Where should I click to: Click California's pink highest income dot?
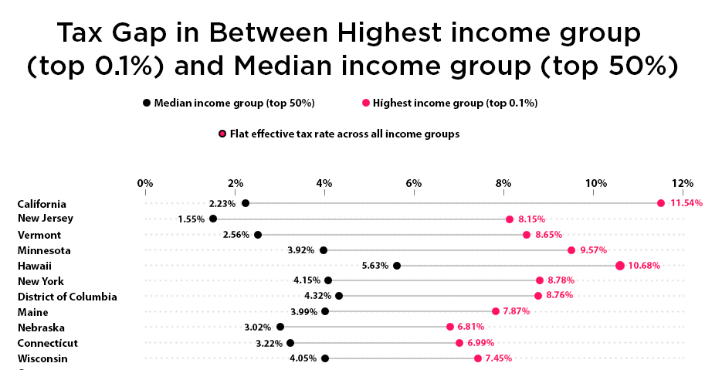(x=661, y=203)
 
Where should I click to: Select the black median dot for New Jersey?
(x=213, y=219)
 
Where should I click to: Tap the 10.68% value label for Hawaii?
(x=645, y=266)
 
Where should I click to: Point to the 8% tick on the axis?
(x=504, y=183)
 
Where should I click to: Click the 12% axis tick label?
(x=682, y=183)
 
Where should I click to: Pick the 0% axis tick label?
(x=144, y=183)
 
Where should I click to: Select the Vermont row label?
(x=39, y=235)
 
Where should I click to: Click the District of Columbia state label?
(x=67, y=297)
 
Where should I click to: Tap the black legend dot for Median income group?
(x=146, y=103)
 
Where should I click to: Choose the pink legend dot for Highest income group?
(x=365, y=103)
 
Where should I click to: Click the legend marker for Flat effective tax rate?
(x=222, y=134)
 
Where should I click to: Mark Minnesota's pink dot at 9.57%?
(x=571, y=249)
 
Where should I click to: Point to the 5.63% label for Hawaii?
(x=375, y=266)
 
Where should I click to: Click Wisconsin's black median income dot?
(x=325, y=358)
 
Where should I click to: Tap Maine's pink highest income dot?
(x=496, y=311)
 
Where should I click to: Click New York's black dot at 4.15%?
(x=328, y=280)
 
